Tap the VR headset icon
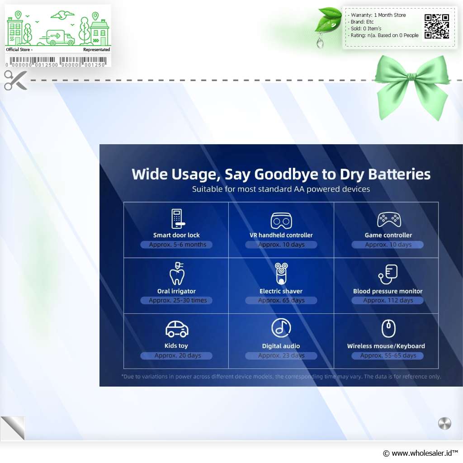pyautogui.click(x=281, y=221)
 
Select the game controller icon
pyautogui.click(x=389, y=220)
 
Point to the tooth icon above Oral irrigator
pyautogui.click(x=177, y=274)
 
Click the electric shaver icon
pyautogui.click(x=281, y=274)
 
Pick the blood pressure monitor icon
pyautogui.click(x=388, y=274)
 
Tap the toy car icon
pyautogui.click(x=177, y=329)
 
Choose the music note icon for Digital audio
pyautogui.click(x=281, y=328)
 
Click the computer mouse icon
pyautogui.click(x=388, y=328)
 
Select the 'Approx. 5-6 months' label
pyautogui.click(x=177, y=245)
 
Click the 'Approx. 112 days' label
pyautogui.click(x=387, y=300)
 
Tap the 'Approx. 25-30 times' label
pyautogui.click(x=177, y=300)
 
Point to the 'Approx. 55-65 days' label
pyautogui.click(x=387, y=355)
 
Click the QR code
pyautogui.click(x=437, y=26)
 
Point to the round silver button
pyautogui.click(x=444, y=423)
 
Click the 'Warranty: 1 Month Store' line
pyautogui.click(x=378, y=15)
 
